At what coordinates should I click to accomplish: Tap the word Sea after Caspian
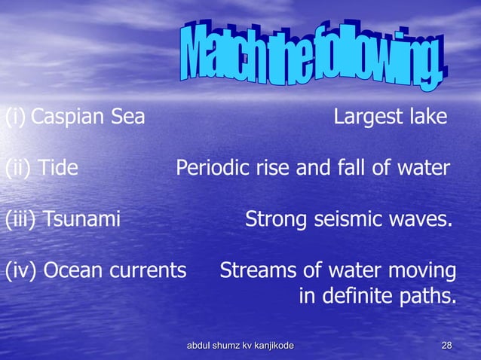tap(127, 118)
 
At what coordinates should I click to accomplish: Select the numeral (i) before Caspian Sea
tap(15, 118)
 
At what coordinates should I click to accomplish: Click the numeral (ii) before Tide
tap(18, 168)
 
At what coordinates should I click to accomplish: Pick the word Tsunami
tap(81, 220)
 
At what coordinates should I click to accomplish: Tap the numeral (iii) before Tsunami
tap(21, 220)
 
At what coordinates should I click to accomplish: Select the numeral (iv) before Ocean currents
tap(22, 270)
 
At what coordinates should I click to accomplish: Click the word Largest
tap(365, 118)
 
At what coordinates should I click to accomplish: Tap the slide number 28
tap(446, 345)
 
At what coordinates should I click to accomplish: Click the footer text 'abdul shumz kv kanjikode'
tap(240, 345)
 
